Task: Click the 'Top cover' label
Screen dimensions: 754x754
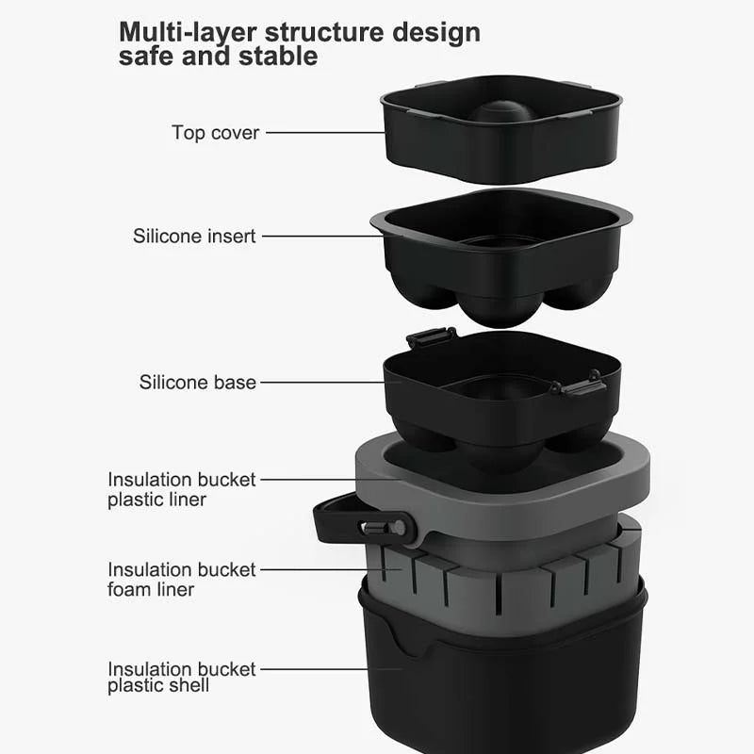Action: [216, 133]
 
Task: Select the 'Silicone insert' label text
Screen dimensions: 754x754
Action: [194, 237]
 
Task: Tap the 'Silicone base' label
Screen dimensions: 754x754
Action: [198, 383]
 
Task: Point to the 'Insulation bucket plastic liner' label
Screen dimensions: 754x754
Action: [181, 489]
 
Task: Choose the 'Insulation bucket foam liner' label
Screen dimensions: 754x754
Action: [181, 579]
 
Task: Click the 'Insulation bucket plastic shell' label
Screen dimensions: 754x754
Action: [181, 677]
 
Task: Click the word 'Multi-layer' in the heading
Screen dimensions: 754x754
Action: [188, 33]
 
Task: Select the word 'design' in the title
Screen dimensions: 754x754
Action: [436, 33]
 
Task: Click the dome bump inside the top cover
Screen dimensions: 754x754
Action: [501, 111]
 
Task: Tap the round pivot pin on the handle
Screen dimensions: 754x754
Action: [399, 528]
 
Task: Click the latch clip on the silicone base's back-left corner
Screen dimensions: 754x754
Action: [432, 336]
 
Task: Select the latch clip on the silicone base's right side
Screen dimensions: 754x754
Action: [579, 384]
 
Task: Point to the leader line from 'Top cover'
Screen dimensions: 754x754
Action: [325, 132]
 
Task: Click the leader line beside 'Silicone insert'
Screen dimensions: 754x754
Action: [322, 237]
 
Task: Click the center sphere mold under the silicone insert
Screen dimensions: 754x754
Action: [500, 309]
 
